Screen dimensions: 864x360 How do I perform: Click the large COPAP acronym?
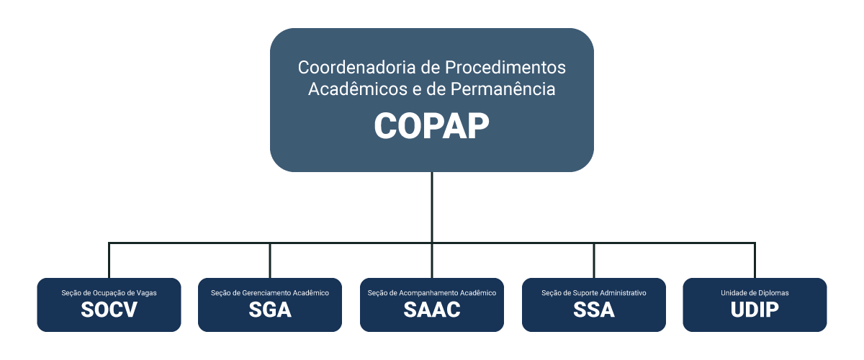(x=431, y=126)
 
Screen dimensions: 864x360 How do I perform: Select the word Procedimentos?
(x=505, y=67)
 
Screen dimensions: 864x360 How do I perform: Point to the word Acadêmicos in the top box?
(x=358, y=89)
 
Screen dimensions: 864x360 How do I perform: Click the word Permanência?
(x=503, y=89)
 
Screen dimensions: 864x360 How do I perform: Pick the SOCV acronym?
(x=109, y=310)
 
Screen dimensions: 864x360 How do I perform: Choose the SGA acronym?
(x=270, y=310)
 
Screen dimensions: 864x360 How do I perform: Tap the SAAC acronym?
(x=432, y=310)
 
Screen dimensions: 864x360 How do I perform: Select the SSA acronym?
(x=594, y=310)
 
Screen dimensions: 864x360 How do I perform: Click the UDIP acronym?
(x=755, y=310)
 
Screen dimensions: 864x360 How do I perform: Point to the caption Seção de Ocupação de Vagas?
(x=109, y=293)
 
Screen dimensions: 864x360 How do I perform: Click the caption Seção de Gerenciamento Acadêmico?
(x=270, y=293)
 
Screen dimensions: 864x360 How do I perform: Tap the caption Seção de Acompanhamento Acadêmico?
(x=432, y=293)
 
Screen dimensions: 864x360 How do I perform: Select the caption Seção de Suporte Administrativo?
(x=594, y=293)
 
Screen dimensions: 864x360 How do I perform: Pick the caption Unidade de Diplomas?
(x=755, y=293)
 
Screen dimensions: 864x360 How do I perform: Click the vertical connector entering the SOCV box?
(x=109, y=261)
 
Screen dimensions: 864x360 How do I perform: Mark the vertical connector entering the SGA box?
(x=270, y=261)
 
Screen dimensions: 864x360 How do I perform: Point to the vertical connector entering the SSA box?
(x=594, y=261)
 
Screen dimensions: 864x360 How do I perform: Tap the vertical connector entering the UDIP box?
(x=755, y=261)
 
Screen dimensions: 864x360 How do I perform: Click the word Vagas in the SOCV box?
(x=147, y=293)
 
